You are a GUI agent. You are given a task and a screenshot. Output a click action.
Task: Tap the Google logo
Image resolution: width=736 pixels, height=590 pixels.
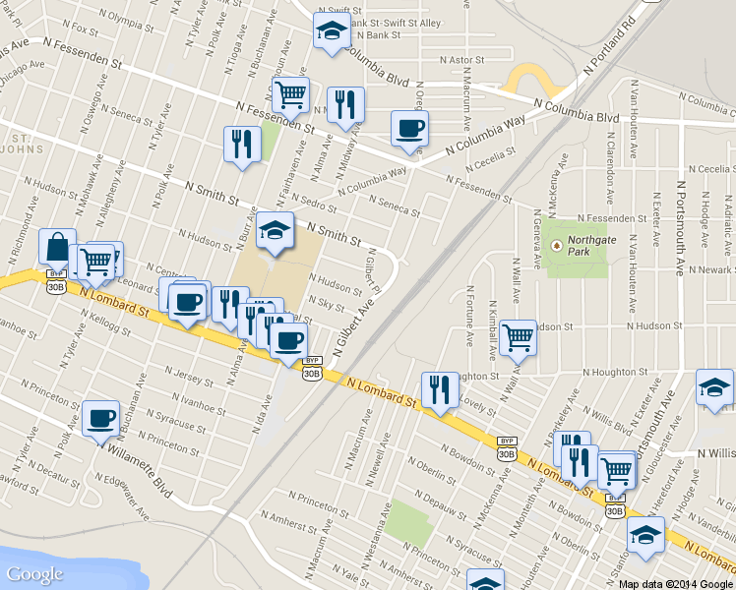click(x=34, y=574)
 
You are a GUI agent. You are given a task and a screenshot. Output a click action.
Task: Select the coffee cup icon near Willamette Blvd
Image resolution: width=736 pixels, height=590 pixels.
click(x=100, y=418)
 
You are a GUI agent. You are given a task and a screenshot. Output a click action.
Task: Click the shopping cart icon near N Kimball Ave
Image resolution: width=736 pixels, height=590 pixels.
click(x=518, y=337)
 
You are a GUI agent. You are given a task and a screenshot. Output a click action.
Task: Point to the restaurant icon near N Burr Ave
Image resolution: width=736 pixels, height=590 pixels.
click(x=241, y=144)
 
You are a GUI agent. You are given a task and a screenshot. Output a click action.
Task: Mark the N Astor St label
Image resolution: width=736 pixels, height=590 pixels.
click(x=462, y=60)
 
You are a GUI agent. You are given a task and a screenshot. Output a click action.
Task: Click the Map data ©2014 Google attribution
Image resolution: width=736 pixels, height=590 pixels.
click(x=676, y=583)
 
